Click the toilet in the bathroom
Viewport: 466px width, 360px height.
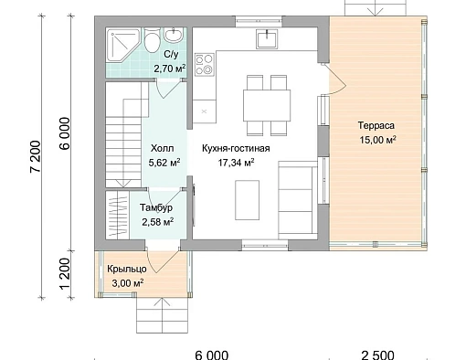[152, 40]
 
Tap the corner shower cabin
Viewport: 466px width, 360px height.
[122, 45]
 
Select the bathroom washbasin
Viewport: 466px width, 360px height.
[174, 35]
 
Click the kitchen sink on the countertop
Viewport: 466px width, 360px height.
[267, 39]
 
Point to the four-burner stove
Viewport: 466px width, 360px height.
[205, 65]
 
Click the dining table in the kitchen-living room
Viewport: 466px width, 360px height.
[267, 105]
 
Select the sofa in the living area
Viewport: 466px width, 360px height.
[298, 200]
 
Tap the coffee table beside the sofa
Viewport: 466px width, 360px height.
[247, 200]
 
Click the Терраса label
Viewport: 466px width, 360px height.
[376, 125]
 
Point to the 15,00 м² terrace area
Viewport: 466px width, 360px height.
[377, 140]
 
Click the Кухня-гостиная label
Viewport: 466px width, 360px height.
[236, 148]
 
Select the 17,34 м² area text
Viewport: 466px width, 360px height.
[236, 163]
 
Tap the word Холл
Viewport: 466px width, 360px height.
[163, 148]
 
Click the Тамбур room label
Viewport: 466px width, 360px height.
[156, 207]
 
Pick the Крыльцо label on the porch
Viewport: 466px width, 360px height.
[127, 269]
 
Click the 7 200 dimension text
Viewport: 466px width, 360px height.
[36, 156]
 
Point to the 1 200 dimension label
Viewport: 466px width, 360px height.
[65, 274]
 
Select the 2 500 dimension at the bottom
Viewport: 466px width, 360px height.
[377, 355]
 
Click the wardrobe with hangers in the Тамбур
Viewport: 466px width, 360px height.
[118, 215]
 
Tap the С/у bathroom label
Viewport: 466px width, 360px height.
[171, 55]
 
